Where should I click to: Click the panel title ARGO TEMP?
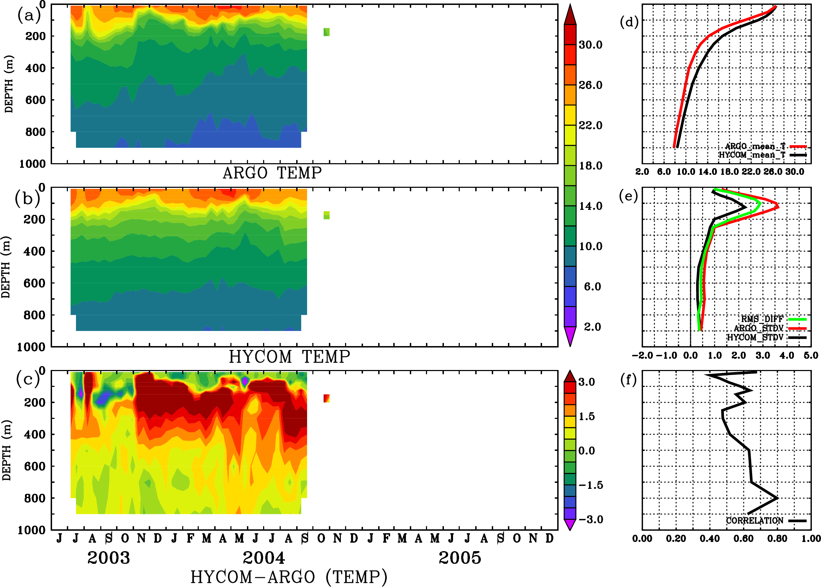(272, 173)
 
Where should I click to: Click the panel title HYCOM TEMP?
(289, 357)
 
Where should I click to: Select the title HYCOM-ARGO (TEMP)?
(288, 577)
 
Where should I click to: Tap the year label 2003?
(108, 558)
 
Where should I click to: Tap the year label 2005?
(460, 558)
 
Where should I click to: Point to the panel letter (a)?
(29, 15)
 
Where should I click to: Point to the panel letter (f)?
(628, 380)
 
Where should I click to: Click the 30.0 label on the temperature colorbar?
(590, 45)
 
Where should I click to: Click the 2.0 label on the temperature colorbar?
(592, 327)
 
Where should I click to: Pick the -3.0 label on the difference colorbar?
(591, 519)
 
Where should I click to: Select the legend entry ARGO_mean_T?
(755, 146)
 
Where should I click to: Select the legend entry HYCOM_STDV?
(755, 337)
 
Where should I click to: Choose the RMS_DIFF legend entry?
(762, 319)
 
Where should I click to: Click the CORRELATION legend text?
(755, 521)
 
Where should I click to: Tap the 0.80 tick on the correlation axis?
(777, 538)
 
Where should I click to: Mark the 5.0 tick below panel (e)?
(811, 355)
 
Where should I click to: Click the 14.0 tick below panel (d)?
(707, 172)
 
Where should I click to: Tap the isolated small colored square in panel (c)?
(326, 398)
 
